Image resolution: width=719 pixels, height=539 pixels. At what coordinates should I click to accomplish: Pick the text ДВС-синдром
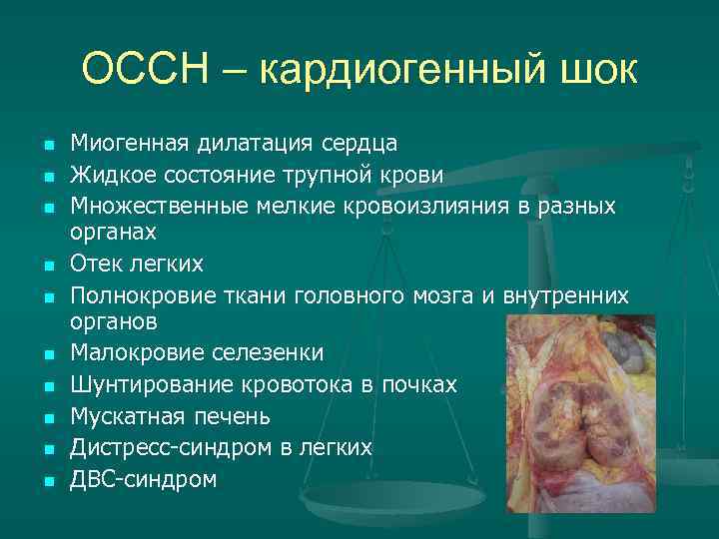pyautogui.click(x=144, y=479)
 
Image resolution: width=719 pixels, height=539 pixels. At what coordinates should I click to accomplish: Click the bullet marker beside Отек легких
pyautogui.click(x=47, y=267)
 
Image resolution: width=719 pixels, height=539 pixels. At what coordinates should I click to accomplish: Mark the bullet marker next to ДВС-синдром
pyautogui.click(x=47, y=481)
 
